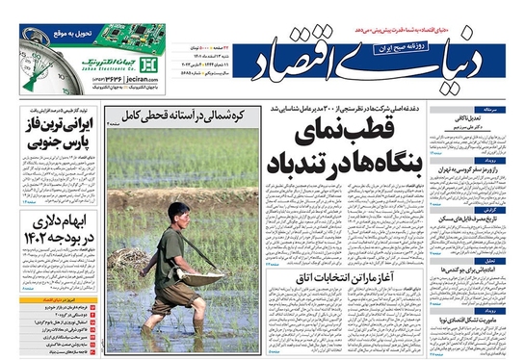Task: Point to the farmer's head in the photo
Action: [174, 212]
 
